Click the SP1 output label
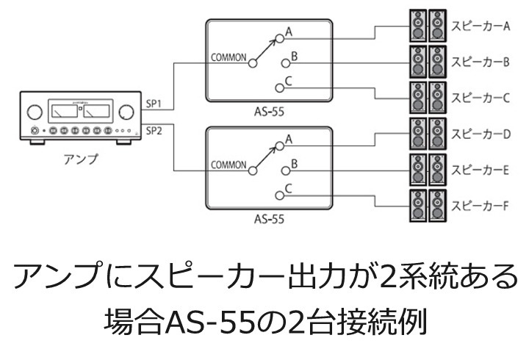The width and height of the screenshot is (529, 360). [x=154, y=103]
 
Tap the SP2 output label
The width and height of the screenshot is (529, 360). [x=154, y=131]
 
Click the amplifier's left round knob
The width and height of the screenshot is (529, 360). [x=34, y=112]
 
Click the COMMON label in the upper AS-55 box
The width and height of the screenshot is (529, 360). [x=228, y=57]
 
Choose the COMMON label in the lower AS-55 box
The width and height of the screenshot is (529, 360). [x=228, y=165]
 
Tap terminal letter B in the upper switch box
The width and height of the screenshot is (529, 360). [x=294, y=56]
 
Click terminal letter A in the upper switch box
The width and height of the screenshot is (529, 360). [x=289, y=31]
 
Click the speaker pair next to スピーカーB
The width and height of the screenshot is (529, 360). [x=427, y=62]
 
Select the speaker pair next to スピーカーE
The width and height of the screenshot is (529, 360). [x=427, y=170]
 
